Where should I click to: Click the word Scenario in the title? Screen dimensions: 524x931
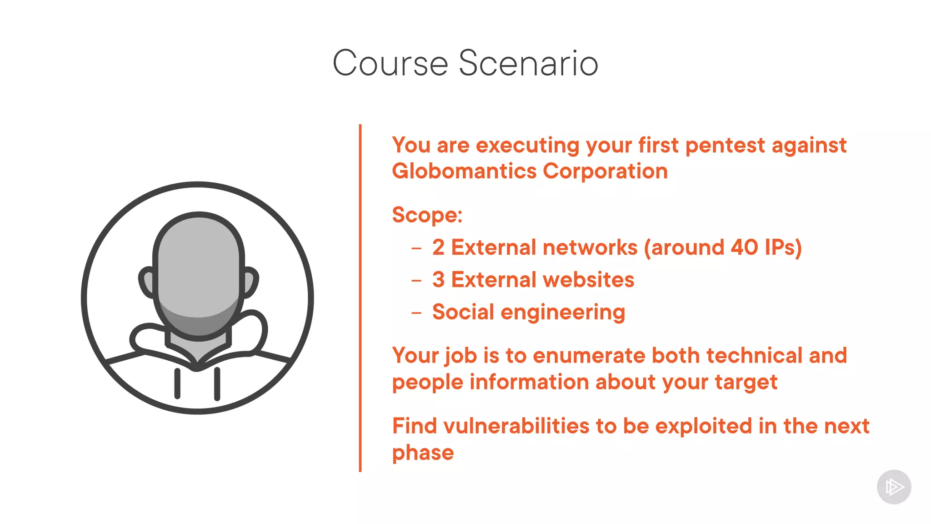528,63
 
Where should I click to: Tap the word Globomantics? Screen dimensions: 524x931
464,171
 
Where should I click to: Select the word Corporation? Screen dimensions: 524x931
605,171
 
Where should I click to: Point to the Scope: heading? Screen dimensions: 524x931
427,215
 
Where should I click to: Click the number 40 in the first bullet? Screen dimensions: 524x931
744,247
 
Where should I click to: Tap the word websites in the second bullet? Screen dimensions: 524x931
588,280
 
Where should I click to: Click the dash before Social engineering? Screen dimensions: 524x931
416,313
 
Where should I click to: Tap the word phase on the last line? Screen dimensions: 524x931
423,453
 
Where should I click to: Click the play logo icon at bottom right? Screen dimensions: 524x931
894,487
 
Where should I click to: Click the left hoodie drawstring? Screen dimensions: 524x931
177,383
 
